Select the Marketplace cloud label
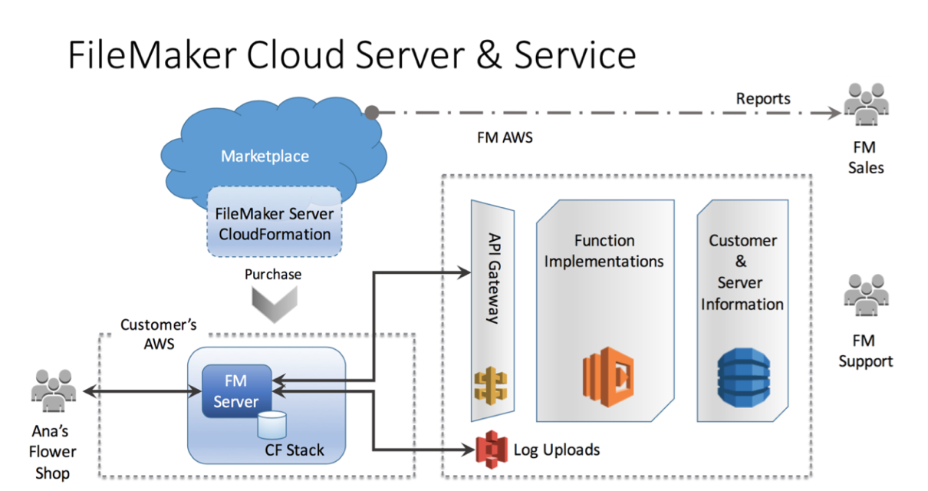[x=265, y=157]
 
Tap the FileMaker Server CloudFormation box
[x=273, y=223]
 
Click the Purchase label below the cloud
[x=273, y=274]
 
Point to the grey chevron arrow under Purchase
[x=273, y=305]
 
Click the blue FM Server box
[x=236, y=391]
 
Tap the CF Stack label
[x=295, y=450]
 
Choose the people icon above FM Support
[x=866, y=296]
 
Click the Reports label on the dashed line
[x=762, y=98]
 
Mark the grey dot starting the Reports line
[x=372, y=113]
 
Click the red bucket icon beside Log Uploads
[x=492, y=449]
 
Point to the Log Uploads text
[x=556, y=450]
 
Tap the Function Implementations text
[x=604, y=251]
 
